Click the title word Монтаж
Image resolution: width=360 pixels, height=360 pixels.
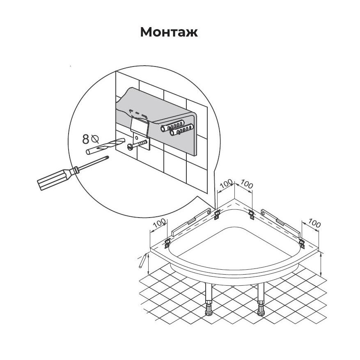[x=169, y=32]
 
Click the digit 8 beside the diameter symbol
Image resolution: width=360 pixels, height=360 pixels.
[x=86, y=139]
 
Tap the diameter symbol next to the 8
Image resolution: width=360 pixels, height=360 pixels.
[x=95, y=139]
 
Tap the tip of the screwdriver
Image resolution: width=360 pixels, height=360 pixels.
[x=108, y=157]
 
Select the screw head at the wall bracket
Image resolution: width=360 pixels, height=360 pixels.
[x=130, y=147]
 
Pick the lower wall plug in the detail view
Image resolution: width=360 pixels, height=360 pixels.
[x=181, y=130]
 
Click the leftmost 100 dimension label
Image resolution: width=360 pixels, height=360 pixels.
[x=159, y=223]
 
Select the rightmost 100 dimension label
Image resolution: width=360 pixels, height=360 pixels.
[x=314, y=223]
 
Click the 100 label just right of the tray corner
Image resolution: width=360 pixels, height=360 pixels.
[x=247, y=184]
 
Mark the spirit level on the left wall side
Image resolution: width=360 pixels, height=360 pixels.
[x=191, y=222]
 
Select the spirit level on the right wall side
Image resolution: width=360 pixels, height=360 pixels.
[x=280, y=223]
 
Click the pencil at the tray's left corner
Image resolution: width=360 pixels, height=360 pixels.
[x=143, y=260]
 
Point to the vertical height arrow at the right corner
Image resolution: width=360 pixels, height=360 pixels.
[x=321, y=264]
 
